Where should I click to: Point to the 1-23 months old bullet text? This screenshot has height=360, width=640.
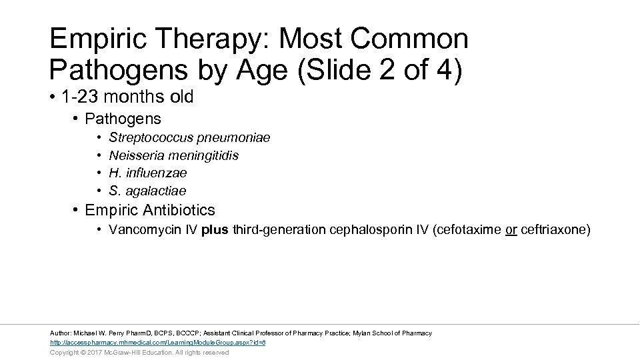tap(127, 97)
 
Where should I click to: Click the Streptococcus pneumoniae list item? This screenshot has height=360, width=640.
tap(189, 137)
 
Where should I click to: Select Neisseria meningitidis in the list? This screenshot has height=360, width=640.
tap(173, 155)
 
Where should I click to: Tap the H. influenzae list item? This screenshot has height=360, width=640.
tap(147, 173)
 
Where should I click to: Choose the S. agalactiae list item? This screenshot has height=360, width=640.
tap(147, 191)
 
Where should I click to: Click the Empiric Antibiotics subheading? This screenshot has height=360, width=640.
tap(150, 210)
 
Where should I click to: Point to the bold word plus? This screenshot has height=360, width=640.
tap(215, 230)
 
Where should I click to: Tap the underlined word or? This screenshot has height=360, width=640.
tap(511, 230)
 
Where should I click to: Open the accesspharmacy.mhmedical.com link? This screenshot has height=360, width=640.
tap(158, 343)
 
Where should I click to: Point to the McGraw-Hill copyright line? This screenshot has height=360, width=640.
tap(139, 353)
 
